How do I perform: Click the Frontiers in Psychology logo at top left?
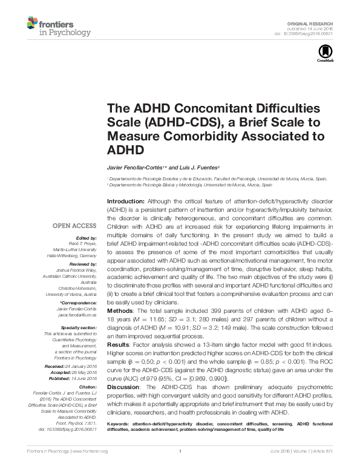(58, 27)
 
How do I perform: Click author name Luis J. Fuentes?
(199, 166)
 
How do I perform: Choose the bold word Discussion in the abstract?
(124, 385)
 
